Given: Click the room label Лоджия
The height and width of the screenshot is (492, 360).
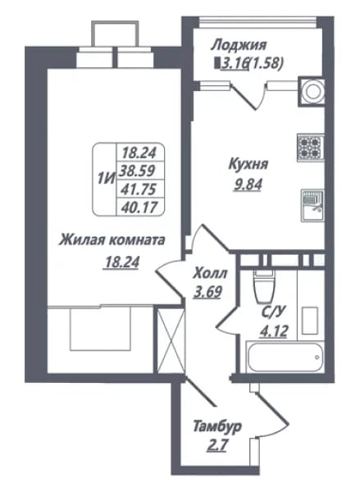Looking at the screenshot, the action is [x=239, y=45].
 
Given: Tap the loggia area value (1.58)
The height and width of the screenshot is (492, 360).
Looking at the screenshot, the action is [x=266, y=63].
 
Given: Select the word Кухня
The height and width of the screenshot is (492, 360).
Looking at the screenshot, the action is [x=248, y=164].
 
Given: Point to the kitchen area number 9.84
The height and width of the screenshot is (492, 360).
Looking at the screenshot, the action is [x=248, y=185].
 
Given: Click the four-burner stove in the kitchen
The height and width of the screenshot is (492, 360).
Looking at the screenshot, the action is [x=311, y=148].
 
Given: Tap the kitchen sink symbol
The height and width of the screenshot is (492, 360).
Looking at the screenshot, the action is [x=312, y=205].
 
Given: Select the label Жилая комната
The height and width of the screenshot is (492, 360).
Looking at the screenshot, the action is [x=112, y=241].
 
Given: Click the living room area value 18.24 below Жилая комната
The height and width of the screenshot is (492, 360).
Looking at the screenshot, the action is [x=122, y=262].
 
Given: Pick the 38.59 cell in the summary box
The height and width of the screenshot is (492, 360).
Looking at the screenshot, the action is [x=139, y=171].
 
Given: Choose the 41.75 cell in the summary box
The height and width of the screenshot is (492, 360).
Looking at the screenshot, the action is [x=139, y=189].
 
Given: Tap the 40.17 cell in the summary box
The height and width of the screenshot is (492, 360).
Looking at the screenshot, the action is [x=139, y=207].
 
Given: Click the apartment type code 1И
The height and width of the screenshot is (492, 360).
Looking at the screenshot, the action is [x=105, y=179].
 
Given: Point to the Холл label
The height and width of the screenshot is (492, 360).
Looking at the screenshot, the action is [x=210, y=274].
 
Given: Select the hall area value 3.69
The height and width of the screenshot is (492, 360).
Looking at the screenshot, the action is [x=207, y=292].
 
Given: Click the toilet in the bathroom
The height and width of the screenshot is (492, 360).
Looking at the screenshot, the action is [x=265, y=286].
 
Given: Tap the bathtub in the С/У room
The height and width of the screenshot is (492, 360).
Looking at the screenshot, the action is [x=285, y=357].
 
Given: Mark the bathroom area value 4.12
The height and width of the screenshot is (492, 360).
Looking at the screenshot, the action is [x=273, y=331].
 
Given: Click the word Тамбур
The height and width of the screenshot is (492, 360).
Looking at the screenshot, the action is [x=217, y=426].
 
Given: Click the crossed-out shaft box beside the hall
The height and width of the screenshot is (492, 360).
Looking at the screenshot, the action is [x=170, y=341].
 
